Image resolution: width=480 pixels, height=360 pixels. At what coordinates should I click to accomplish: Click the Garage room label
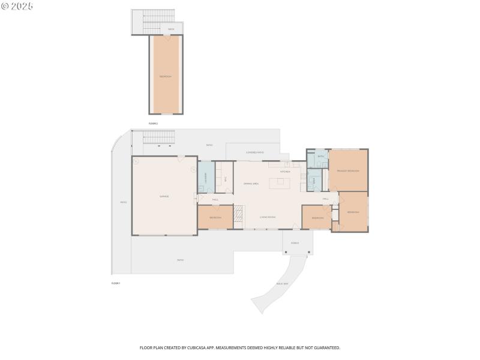(x=164, y=197)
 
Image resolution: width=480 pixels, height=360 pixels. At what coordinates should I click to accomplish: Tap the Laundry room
(x=206, y=177)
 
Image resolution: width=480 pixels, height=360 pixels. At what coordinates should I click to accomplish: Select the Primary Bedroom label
(x=348, y=171)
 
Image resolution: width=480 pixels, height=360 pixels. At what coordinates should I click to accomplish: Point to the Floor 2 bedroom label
(x=165, y=76)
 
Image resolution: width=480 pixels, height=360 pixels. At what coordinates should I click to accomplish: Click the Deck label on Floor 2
(x=171, y=29)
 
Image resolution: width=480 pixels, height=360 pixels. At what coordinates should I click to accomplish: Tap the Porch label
(x=295, y=243)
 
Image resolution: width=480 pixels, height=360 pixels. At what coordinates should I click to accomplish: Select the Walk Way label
(x=283, y=283)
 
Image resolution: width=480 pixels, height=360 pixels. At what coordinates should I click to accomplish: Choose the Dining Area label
(x=251, y=183)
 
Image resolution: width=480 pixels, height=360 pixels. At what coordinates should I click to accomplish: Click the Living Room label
(x=268, y=217)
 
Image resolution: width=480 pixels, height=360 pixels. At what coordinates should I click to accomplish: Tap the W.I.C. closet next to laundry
(x=225, y=178)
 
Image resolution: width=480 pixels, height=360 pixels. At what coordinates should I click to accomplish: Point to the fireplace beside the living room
(x=239, y=214)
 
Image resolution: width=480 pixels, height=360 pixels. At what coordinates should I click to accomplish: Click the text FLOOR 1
(x=116, y=283)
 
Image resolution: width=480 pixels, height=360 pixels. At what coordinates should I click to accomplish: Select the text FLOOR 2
(x=153, y=123)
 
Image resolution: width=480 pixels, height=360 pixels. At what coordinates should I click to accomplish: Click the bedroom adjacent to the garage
(x=215, y=217)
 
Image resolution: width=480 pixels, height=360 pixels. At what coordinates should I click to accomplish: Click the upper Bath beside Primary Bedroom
(x=320, y=157)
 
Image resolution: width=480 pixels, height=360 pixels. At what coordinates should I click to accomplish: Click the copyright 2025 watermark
(x=17, y=5)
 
